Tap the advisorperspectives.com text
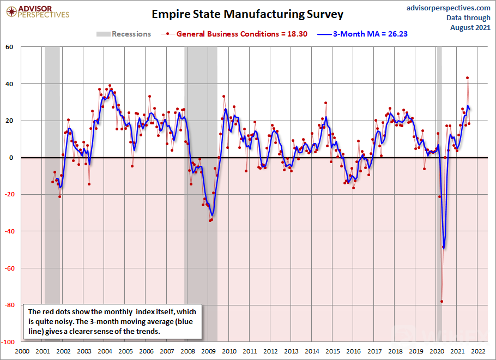click(449, 8)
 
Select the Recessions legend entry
click(124, 34)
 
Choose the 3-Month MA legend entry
click(364, 34)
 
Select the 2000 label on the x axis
click(22, 351)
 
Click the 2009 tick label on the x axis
click(209, 351)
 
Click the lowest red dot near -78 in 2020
click(441, 301)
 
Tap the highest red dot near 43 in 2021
click(467, 78)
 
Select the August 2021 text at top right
click(470, 27)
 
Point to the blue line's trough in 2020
click(444, 248)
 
